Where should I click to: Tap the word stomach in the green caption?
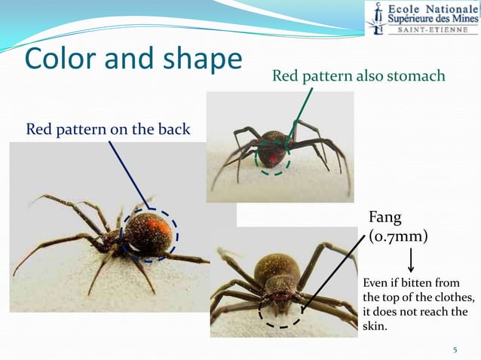(x=416, y=76)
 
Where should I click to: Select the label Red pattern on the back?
(x=109, y=130)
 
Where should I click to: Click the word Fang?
(x=384, y=218)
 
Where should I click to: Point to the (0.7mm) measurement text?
(x=398, y=236)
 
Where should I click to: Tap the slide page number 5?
(x=455, y=349)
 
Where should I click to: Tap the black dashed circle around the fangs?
(x=279, y=310)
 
